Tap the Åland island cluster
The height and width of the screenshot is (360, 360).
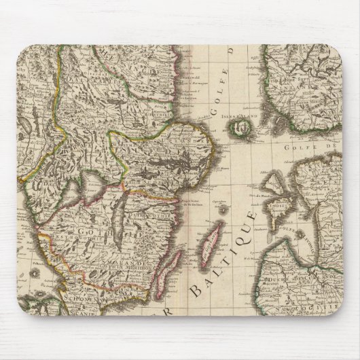(x=238, y=126)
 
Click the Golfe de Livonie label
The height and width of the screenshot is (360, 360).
(x=299, y=228)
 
